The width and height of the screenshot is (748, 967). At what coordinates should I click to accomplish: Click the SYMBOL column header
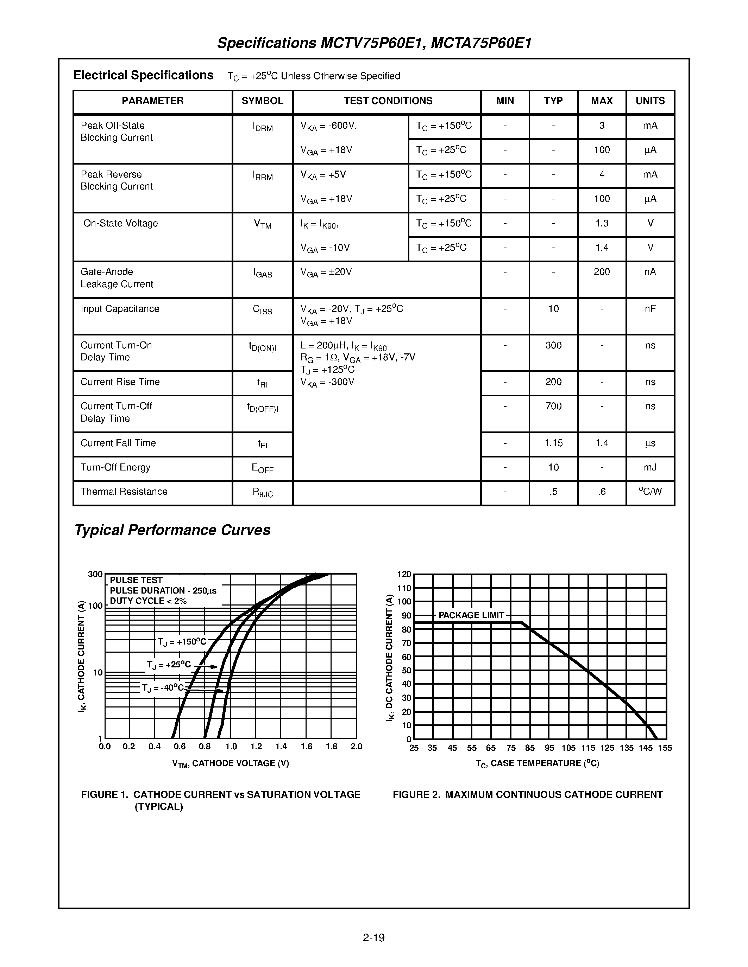tap(262, 101)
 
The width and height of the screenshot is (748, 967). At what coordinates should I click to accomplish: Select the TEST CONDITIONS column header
tap(388, 101)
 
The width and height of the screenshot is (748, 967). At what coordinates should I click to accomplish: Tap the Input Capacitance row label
tap(120, 309)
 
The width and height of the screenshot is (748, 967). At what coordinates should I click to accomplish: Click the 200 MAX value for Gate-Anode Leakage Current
tap(601, 272)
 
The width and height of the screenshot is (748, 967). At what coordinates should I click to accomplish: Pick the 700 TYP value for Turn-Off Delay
tap(553, 406)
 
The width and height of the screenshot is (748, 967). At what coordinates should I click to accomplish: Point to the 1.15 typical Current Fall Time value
tap(553, 443)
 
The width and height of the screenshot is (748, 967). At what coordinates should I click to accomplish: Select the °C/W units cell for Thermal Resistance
tap(650, 492)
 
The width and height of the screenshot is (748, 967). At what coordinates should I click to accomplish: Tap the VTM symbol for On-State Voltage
tap(262, 224)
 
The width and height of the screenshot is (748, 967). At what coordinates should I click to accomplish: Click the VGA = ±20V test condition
tap(326, 272)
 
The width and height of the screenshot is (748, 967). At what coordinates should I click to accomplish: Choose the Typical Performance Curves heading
tap(172, 530)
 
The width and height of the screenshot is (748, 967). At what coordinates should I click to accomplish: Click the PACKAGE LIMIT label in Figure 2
tap(471, 615)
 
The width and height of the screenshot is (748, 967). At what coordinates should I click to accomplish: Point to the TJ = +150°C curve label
tap(182, 642)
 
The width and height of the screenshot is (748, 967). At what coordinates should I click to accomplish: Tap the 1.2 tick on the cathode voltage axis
tap(256, 747)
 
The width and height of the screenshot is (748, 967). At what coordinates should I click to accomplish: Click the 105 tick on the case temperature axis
tap(568, 748)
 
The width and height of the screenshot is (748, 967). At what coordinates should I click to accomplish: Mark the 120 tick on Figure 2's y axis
tap(404, 574)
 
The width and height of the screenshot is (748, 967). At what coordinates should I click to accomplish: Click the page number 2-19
tap(373, 937)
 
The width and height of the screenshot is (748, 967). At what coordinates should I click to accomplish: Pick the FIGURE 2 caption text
tap(527, 795)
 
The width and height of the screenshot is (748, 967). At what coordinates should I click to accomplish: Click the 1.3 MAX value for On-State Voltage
tap(601, 223)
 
